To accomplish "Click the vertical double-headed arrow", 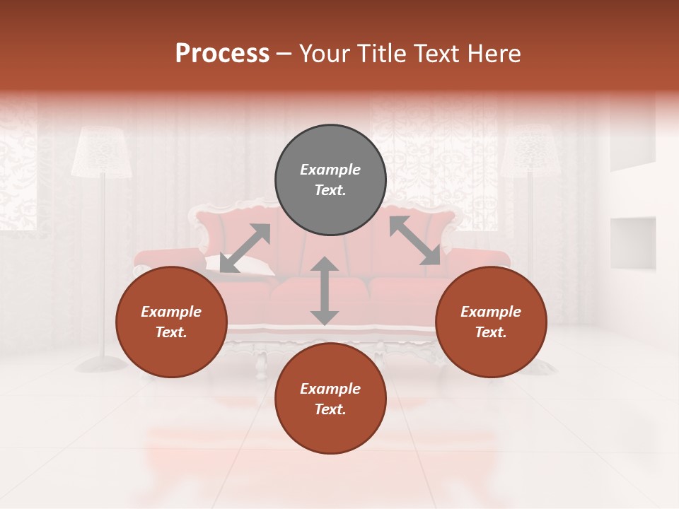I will [x=325, y=291].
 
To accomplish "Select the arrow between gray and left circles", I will [x=245, y=248].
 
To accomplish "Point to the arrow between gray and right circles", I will [x=414, y=240].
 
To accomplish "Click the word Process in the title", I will [x=222, y=53].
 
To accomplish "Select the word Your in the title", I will [x=322, y=53].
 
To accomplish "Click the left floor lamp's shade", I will [x=103, y=152].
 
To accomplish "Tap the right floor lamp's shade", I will [x=530, y=152].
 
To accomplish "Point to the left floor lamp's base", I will [x=101, y=363].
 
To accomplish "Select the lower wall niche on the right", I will [x=633, y=242].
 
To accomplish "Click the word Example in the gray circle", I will [x=330, y=170].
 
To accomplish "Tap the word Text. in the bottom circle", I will [x=330, y=409].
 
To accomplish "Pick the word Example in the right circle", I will [x=491, y=312].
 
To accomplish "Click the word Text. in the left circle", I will [x=171, y=332].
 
